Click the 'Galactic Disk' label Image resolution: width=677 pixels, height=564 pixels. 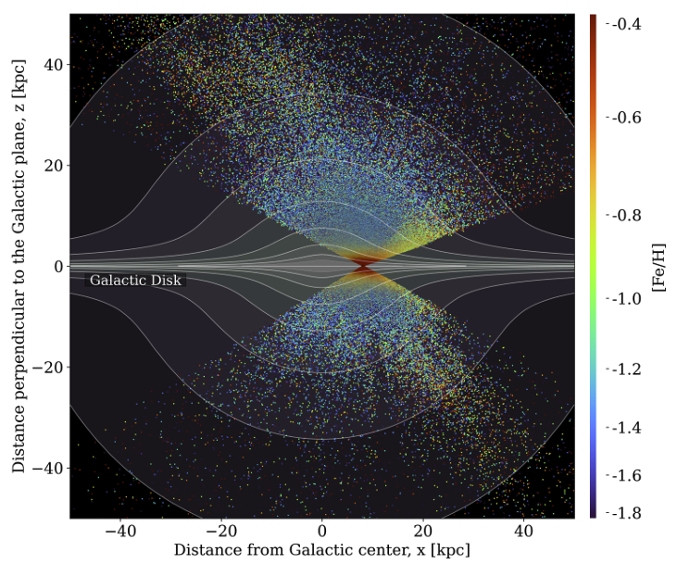[135, 279]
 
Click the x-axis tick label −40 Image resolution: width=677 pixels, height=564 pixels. [120, 533]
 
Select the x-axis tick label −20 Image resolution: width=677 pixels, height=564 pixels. [221, 533]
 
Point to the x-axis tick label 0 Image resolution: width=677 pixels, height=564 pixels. [322, 533]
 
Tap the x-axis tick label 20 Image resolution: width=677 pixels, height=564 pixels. [423, 533]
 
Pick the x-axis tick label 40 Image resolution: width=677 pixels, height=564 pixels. [524, 533]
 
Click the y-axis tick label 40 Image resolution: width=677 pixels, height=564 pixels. [52, 65]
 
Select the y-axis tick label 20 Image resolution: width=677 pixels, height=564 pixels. [52, 166]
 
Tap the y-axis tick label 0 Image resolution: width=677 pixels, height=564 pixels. [56, 267]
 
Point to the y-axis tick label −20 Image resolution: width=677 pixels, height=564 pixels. [47, 368]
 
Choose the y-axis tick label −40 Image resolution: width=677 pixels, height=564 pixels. [47, 469]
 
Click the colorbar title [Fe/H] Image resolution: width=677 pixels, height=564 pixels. [659, 266]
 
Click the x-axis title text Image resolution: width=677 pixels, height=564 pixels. [321, 550]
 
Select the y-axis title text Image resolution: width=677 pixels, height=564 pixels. [19, 267]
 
